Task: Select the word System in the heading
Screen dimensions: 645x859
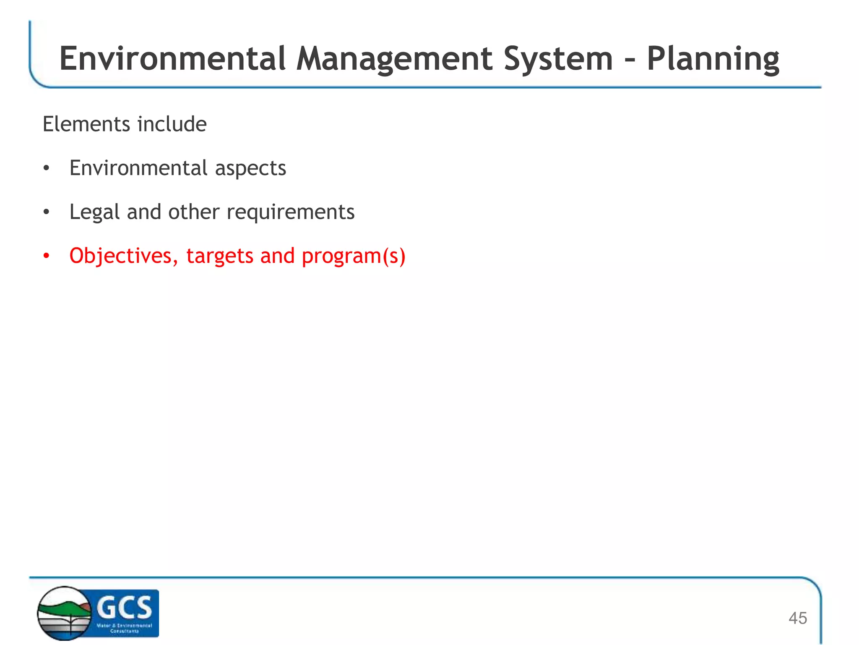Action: (558, 59)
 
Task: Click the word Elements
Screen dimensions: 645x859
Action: (86, 124)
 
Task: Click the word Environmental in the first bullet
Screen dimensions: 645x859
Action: (138, 168)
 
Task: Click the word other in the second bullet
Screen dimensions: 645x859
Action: (194, 212)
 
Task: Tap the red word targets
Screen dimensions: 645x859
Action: (220, 256)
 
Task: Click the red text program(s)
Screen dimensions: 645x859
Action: (354, 256)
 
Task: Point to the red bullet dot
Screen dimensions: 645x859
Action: (47, 256)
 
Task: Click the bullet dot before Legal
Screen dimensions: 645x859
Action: (47, 212)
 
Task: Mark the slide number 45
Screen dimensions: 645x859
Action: (797, 618)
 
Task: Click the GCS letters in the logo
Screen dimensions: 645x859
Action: (124, 607)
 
